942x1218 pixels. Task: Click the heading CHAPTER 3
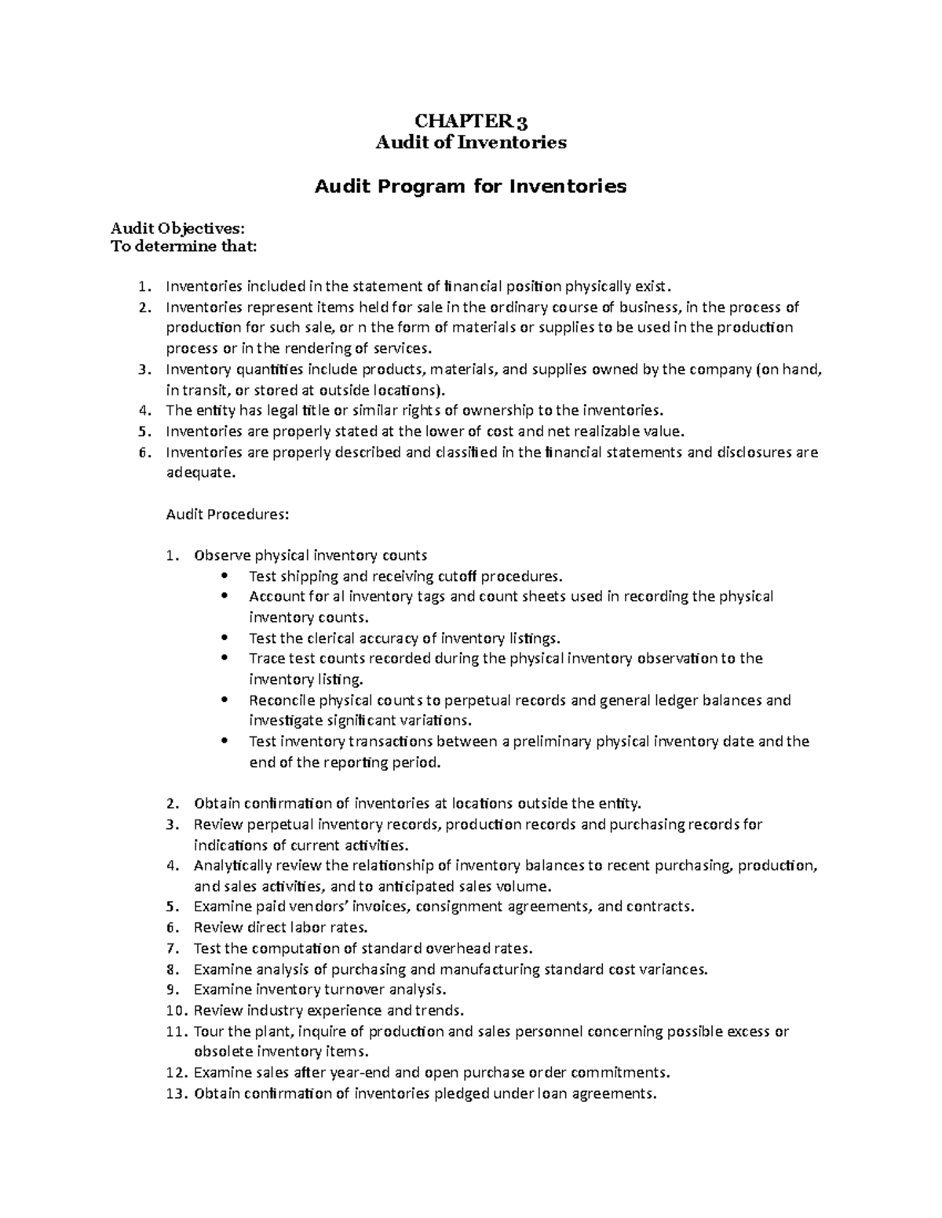(470, 121)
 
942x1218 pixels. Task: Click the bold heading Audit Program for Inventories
(470, 186)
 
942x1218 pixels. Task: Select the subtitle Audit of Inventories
(470, 142)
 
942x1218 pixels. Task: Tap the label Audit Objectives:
(177, 228)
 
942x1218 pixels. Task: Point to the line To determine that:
(183, 247)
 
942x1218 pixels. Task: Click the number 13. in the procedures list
(178, 1093)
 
